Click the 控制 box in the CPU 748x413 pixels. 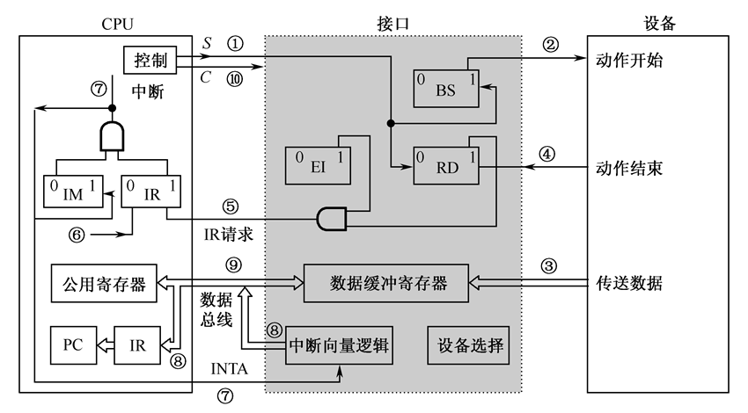(x=150, y=61)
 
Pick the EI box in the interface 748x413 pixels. (x=319, y=165)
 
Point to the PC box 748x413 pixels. (x=72, y=342)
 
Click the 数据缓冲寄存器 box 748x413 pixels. (x=387, y=283)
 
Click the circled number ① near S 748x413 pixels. (x=234, y=42)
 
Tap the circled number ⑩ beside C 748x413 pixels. (x=234, y=78)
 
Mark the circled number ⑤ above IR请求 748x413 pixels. (x=231, y=208)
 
